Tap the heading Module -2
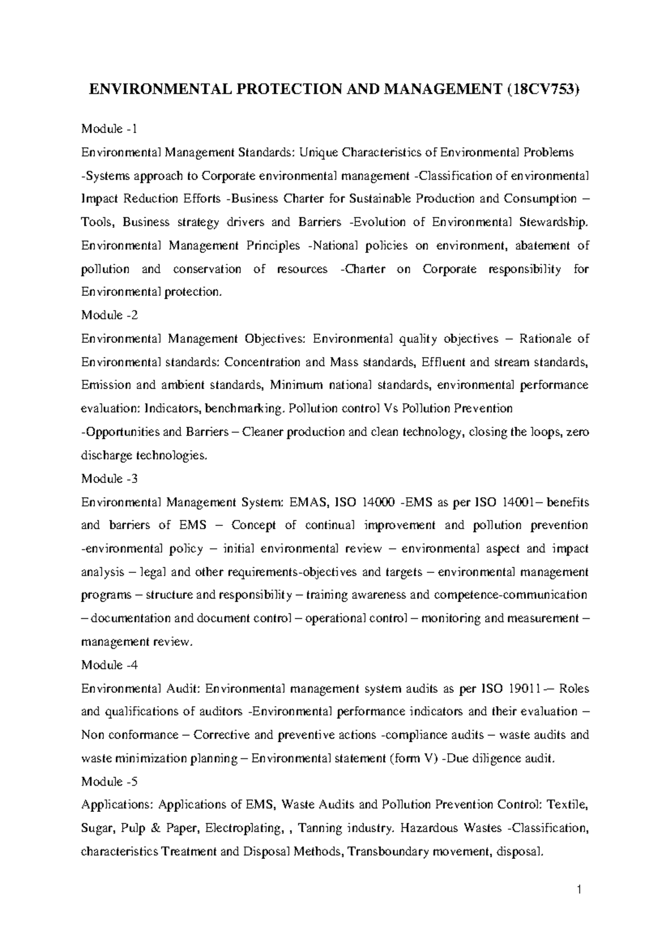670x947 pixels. point(109,315)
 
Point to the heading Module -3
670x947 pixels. point(109,479)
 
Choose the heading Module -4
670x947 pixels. point(109,665)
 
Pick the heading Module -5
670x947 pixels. point(109,782)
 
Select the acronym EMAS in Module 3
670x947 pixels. point(308,503)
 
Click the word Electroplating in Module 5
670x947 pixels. point(243,829)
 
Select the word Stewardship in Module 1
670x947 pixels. point(553,222)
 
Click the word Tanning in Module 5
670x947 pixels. point(319,829)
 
